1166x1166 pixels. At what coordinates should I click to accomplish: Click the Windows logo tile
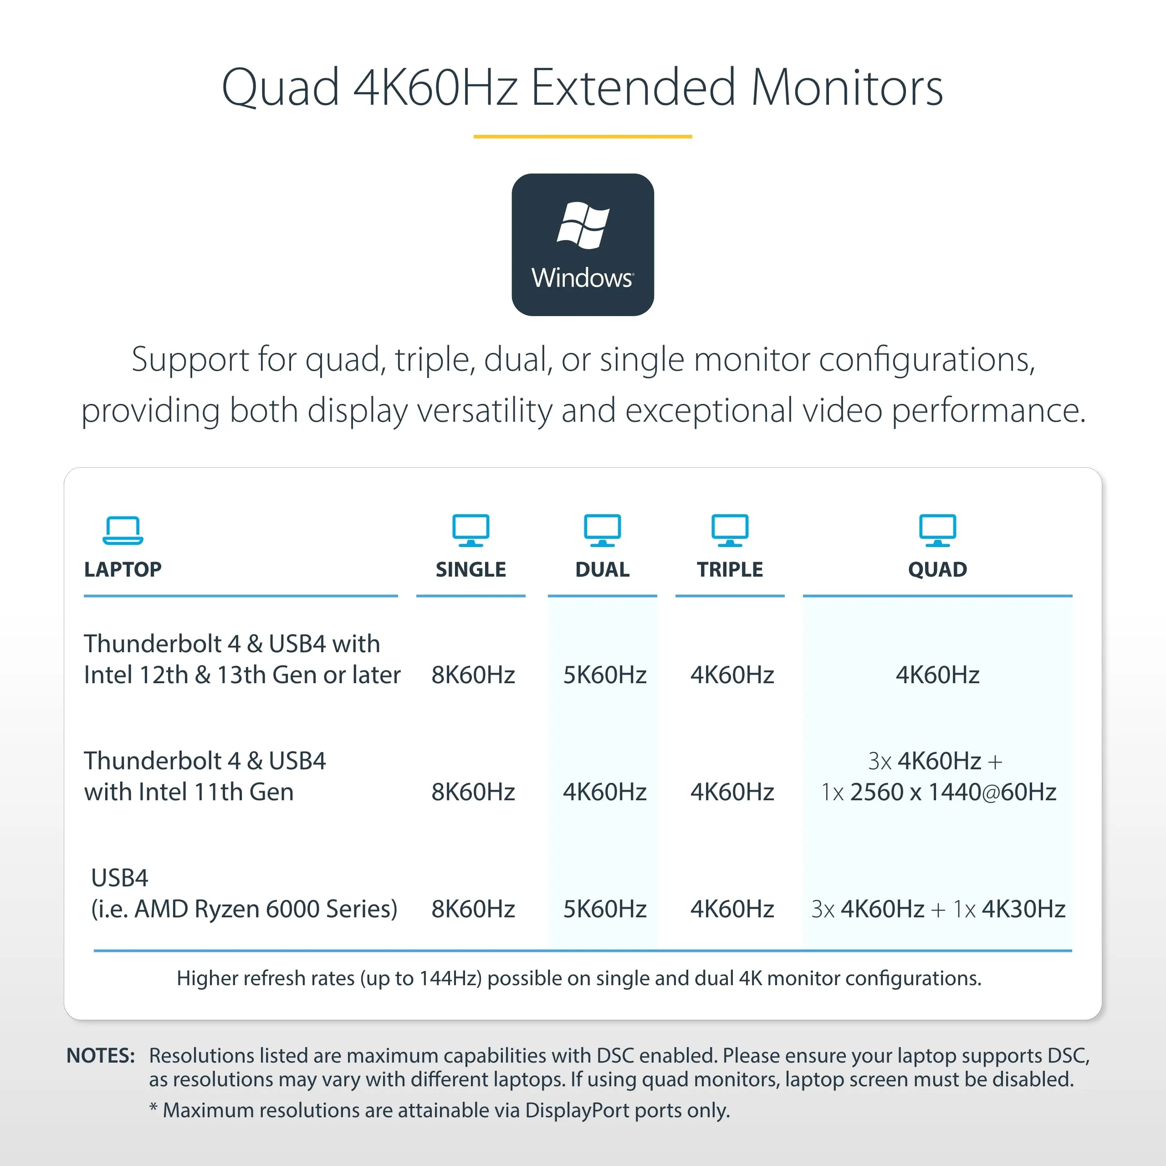pyautogui.click(x=583, y=245)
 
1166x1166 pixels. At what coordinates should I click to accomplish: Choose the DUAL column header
pyautogui.click(x=602, y=569)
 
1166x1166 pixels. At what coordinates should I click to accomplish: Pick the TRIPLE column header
pyautogui.click(x=730, y=569)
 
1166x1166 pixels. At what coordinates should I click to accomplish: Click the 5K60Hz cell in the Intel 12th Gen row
pyautogui.click(x=605, y=675)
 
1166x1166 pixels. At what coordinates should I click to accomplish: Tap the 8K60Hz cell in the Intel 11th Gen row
pyautogui.click(x=473, y=792)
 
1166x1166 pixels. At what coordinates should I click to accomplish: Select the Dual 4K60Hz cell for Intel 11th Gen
pyautogui.click(x=605, y=792)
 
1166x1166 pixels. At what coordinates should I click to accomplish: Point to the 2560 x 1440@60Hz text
pyautogui.click(x=953, y=792)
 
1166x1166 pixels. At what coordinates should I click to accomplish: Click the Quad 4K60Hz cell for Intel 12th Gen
pyautogui.click(x=937, y=675)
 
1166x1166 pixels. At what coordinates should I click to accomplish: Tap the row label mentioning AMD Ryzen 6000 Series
pyautogui.click(x=244, y=893)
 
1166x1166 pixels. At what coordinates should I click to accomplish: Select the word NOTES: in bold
pyautogui.click(x=100, y=1056)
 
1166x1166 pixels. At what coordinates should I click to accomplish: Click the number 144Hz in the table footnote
pyautogui.click(x=449, y=978)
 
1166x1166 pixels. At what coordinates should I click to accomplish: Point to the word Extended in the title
pyautogui.click(x=633, y=87)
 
